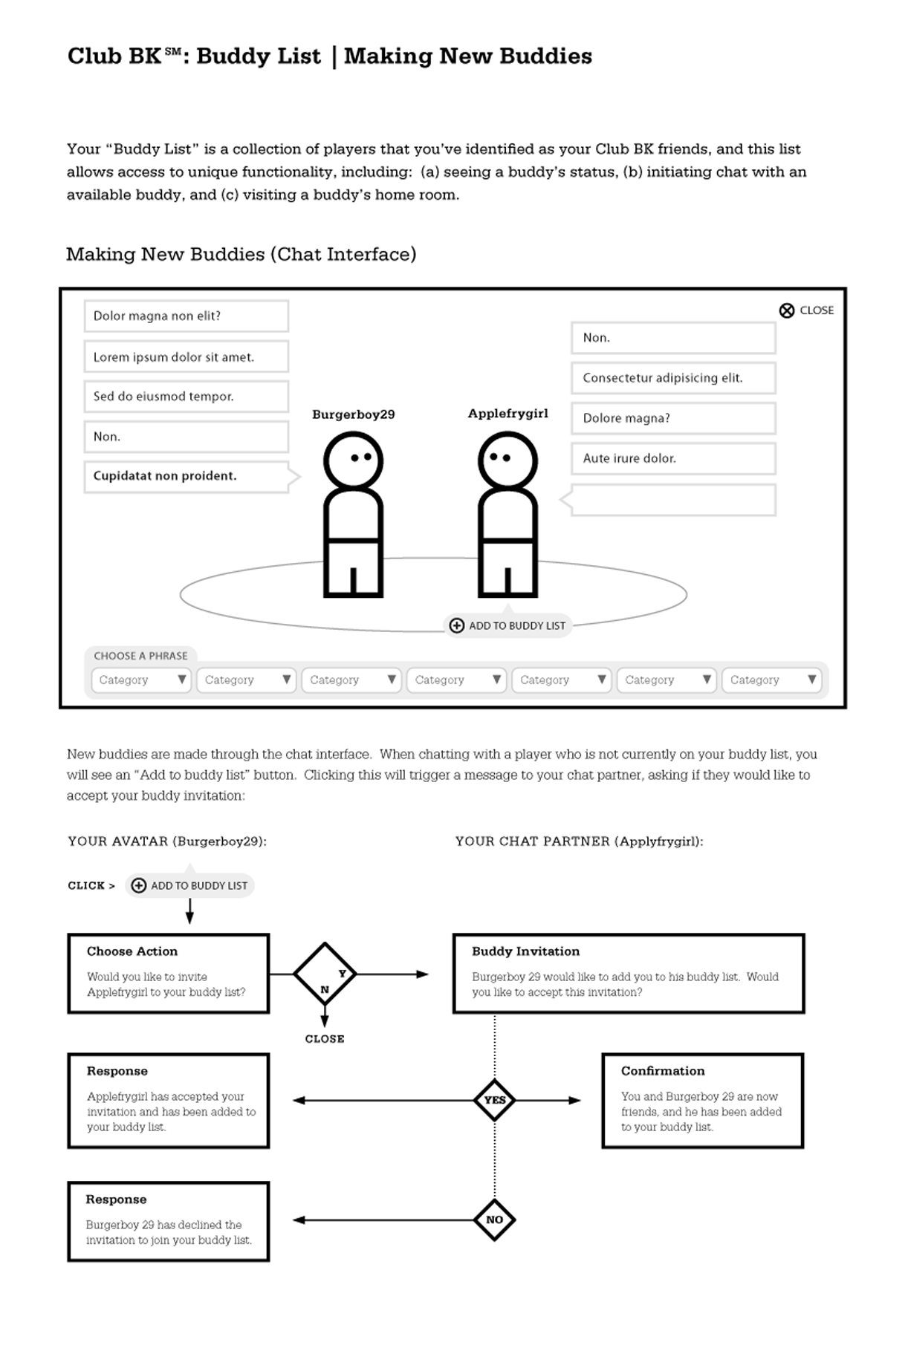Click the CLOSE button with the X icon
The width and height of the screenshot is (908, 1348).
(x=806, y=310)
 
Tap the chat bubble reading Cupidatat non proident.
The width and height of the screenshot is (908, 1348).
(x=186, y=476)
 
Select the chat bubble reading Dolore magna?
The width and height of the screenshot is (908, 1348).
(x=672, y=418)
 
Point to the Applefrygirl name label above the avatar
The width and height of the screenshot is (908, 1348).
(x=507, y=414)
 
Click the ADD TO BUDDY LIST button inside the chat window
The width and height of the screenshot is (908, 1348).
(x=508, y=625)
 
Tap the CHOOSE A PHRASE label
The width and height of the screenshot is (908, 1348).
(x=140, y=656)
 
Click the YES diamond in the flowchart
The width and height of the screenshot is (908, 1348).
(x=495, y=1100)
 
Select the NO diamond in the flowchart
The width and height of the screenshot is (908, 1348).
(x=495, y=1220)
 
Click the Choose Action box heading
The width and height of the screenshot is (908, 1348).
(x=132, y=951)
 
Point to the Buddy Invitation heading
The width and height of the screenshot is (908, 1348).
(x=525, y=951)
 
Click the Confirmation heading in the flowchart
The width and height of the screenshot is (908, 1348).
(x=663, y=1071)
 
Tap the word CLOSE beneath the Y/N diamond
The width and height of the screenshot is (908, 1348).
(x=325, y=1039)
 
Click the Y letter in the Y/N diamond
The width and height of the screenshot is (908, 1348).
(x=343, y=973)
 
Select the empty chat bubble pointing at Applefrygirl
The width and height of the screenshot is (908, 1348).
(x=672, y=500)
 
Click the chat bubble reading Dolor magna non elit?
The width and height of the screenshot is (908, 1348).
(x=186, y=316)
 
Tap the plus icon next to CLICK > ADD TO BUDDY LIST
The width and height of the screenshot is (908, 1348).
(x=138, y=885)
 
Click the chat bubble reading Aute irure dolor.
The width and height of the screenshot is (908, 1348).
(x=672, y=458)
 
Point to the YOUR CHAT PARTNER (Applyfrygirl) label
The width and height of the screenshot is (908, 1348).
(x=579, y=841)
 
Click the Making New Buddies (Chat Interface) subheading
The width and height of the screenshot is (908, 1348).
(x=241, y=254)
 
